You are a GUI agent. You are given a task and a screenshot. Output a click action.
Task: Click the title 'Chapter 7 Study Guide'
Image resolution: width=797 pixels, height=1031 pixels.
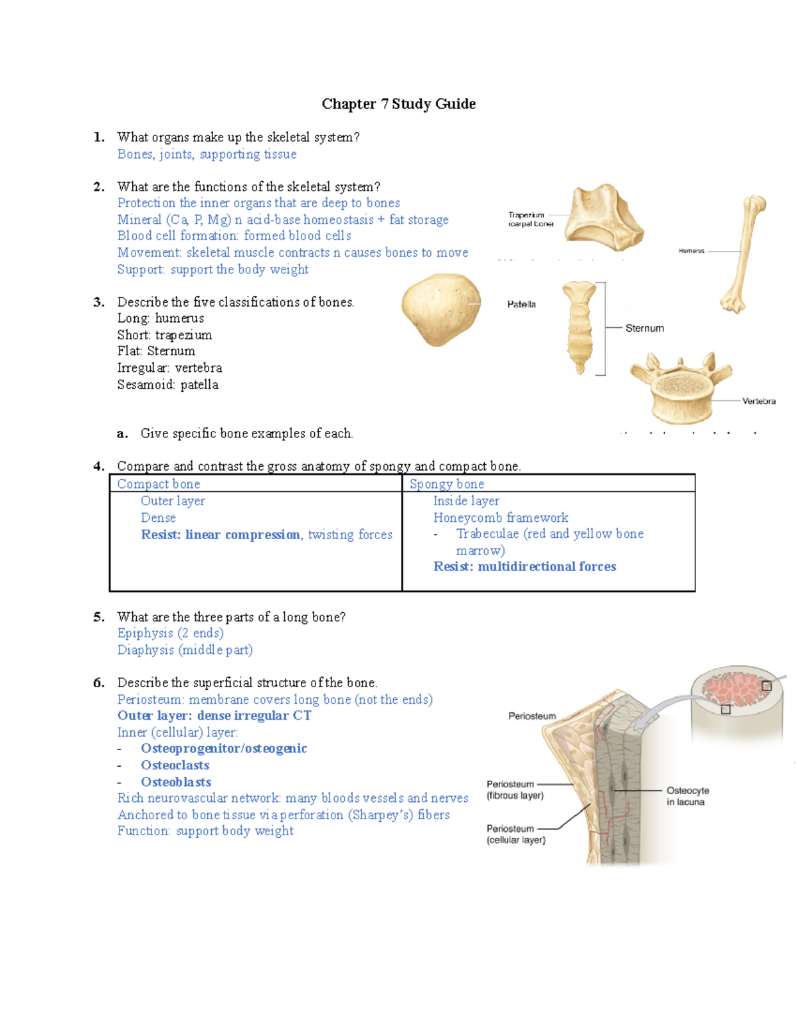pos(398,104)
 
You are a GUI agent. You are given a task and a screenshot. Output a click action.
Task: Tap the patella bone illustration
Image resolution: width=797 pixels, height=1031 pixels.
pos(441,309)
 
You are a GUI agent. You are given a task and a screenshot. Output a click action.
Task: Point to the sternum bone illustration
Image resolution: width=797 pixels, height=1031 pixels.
pos(579,328)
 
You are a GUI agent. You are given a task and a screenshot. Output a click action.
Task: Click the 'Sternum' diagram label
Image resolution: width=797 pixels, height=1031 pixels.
pos(644,328)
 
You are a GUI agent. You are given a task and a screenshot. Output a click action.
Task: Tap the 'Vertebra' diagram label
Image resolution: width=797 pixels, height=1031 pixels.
pos(758,401)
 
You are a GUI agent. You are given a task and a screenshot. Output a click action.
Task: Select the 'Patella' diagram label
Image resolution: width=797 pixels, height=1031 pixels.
pos(521,305)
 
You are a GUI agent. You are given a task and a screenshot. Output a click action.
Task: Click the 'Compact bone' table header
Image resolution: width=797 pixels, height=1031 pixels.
pos(159,484)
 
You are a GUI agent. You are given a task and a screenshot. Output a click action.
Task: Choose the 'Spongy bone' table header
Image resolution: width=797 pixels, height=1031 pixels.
pos(446,484)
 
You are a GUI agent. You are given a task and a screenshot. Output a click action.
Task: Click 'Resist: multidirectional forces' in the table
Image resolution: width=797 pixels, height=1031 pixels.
pos(525,566)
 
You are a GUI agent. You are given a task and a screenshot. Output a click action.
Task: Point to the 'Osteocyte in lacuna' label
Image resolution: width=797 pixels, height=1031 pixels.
pos(687,796)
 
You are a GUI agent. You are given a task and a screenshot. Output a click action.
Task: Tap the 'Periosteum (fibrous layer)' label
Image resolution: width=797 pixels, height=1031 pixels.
pos(515,790)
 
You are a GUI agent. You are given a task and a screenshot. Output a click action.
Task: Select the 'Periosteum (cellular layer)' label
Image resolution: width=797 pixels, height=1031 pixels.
pos(515,834)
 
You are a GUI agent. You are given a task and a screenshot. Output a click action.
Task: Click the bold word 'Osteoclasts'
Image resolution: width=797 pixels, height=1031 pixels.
pos(175,765)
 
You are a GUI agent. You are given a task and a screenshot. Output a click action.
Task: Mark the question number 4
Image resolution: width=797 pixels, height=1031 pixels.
pos(98,466)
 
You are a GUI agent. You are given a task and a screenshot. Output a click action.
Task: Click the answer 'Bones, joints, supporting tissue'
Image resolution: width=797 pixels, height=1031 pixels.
pos(207,154)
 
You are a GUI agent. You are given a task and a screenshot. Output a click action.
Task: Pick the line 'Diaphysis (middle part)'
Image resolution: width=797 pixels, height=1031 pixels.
pos(185,650)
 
